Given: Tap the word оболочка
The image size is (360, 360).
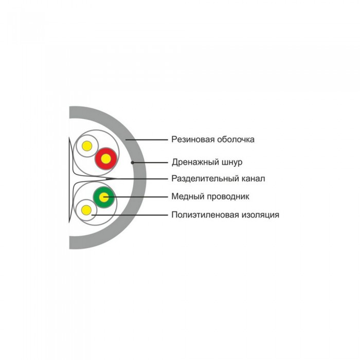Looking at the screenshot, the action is coord(236,139).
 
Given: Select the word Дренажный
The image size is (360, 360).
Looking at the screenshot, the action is coord(195,163).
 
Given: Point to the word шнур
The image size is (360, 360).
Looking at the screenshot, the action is coord(232,163).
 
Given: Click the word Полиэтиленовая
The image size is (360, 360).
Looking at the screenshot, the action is coord(205,215).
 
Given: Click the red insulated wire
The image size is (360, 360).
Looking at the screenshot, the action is coord(106,158).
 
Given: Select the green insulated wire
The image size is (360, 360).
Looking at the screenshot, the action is coord(104,197).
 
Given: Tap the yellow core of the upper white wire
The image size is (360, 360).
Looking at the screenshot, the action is coord(87,146).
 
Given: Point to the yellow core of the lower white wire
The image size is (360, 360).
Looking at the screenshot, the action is coord(86,210).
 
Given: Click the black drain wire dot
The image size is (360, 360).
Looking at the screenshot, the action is coord(133,163).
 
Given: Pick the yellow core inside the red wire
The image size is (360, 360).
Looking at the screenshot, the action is coord(106,159).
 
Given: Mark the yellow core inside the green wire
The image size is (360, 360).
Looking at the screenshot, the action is coord(104,197).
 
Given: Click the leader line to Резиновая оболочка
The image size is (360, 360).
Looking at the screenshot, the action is coord(147,139).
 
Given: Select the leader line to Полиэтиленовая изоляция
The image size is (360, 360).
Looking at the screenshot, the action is coord(130,215).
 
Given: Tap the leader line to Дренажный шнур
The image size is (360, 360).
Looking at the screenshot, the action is coord(150,163).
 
